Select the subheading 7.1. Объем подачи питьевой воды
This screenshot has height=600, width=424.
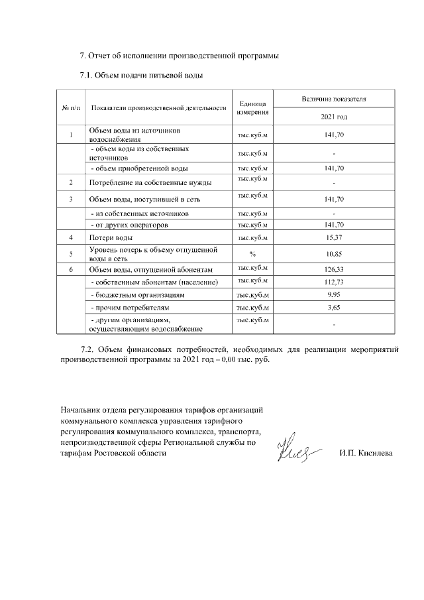click(x=140, y=75)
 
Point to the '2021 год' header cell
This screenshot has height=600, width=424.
click(x=334, y=117)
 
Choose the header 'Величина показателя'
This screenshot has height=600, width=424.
click(x=334, y=99)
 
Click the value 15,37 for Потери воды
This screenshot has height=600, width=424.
click(x=334, y=237)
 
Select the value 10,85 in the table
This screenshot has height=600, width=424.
click(x=334, y=254)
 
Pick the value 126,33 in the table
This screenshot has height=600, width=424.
click(x=334, y=270)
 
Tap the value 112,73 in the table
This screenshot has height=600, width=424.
click(x=334, y=283)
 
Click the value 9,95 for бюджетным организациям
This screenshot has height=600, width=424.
click(x=334, y=294)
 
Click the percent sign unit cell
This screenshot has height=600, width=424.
click(x=252, y=254)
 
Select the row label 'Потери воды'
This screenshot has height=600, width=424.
click(x=111, y=237)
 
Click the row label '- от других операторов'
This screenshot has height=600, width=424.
click(x=129, y=225)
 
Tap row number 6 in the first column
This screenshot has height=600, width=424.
click(x=70, y=270)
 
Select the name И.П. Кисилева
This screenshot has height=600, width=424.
click(x=365, y=453)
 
